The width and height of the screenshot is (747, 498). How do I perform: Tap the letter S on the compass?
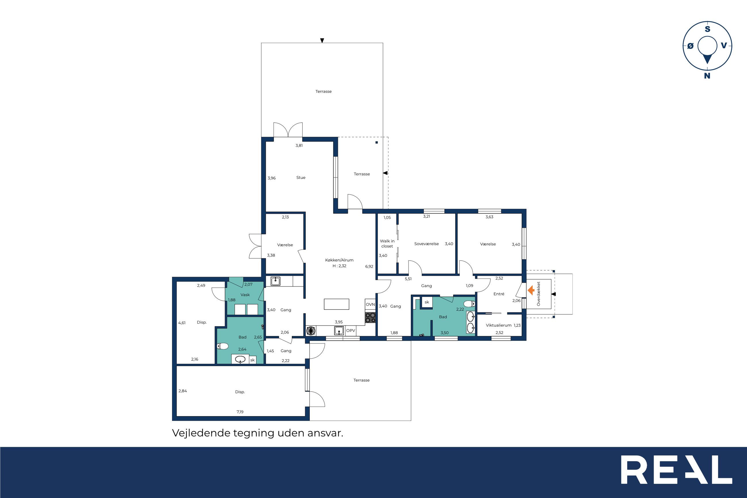707,29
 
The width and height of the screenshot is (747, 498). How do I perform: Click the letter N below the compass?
707,76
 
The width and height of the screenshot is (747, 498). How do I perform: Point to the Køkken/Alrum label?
339,260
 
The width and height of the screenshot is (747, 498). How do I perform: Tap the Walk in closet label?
387,244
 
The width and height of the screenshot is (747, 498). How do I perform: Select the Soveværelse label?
426,244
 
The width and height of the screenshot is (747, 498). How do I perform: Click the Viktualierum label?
498,325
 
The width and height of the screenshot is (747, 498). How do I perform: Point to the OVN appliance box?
370,305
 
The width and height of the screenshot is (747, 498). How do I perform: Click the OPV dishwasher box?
351,331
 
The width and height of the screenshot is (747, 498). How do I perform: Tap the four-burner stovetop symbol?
370,318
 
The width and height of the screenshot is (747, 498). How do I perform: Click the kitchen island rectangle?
336,304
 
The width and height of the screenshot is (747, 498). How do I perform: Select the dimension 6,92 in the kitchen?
369,266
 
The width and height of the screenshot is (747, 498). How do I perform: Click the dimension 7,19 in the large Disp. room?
240,412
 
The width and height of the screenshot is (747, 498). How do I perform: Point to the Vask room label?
245,295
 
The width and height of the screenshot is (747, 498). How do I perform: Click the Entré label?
499,294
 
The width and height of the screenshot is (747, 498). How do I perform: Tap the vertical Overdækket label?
538,294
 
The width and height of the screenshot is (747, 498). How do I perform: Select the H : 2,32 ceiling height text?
339,266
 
